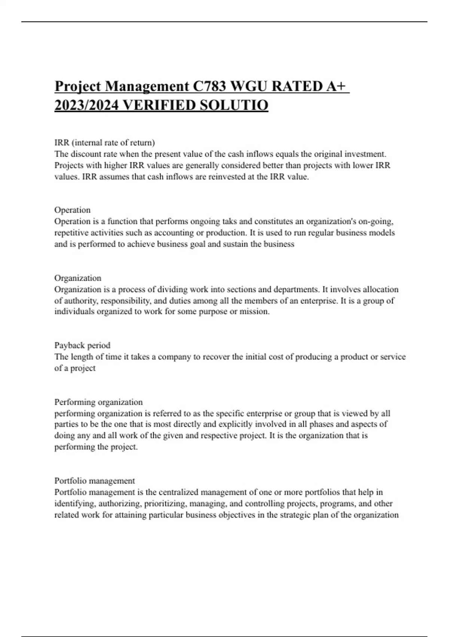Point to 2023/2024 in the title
[x=86, y=105]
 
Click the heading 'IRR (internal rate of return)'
[x=104, y=142]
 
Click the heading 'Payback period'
[x=82, y=345]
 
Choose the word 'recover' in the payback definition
[x=216, y=357]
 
